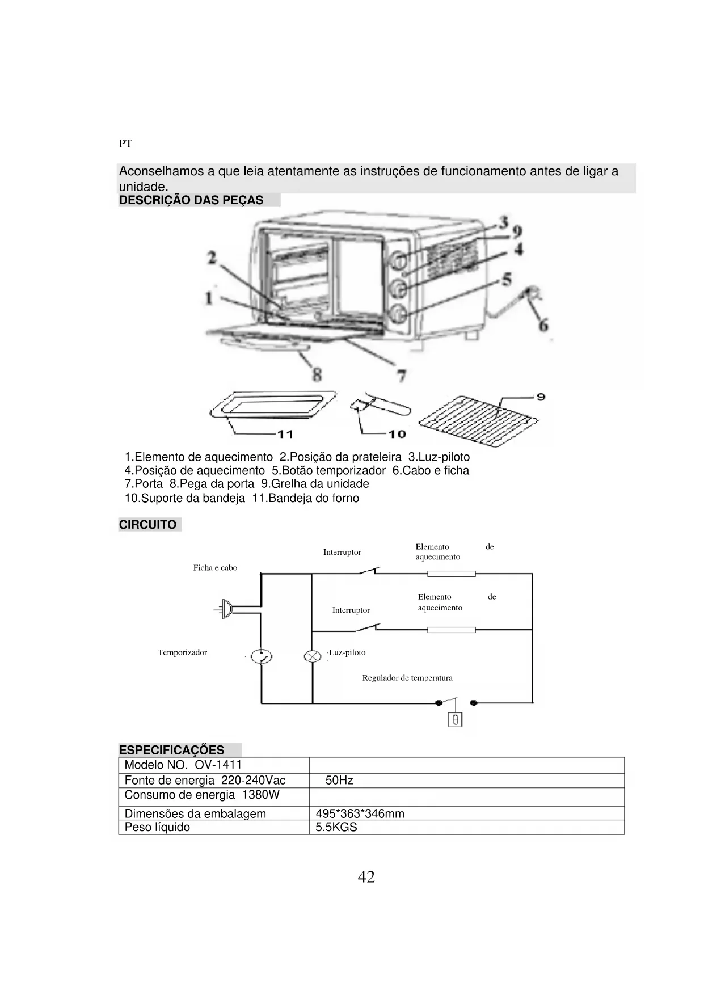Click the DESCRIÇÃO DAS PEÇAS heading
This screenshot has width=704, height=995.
point(191,200)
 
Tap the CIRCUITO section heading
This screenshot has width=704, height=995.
point(147,525)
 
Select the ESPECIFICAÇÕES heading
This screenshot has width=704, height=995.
point(171,750)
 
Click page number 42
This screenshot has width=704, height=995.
point(366,877)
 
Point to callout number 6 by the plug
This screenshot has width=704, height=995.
point(543,325)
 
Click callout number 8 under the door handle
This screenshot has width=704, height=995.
point(317,374)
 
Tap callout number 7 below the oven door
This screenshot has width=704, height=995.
point(401,376)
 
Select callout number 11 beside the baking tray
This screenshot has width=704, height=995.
point(285,434)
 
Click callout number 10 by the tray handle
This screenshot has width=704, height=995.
point(398,434)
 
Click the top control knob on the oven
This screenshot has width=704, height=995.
point(399,260)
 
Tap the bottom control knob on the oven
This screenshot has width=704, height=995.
point(399,313)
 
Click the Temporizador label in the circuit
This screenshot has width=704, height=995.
point(182,652)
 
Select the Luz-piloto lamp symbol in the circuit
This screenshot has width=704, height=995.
point(312,656)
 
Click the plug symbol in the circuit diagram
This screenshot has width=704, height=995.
point(226,609)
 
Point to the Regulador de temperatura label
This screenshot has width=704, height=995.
point(407,678)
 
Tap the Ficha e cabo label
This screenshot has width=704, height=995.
point(215,568)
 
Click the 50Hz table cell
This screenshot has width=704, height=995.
point(339,781)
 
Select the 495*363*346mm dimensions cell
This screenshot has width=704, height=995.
point(360,813)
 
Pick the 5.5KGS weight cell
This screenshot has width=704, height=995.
point(336,827)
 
